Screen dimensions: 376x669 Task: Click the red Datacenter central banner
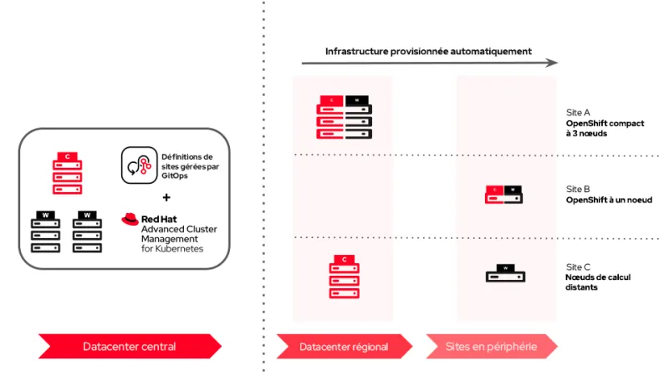(129, 346)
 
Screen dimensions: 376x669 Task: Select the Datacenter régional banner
(343, 346)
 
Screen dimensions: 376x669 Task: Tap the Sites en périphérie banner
(490, 346)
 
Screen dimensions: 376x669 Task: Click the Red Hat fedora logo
(130, 219)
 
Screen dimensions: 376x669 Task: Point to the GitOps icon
(140, 165)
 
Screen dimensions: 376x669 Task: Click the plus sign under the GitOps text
(166, 198)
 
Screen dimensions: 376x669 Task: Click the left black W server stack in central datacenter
(47, 231)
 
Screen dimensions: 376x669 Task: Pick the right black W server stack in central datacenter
(87, 231)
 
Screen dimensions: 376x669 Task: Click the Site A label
(579, 112)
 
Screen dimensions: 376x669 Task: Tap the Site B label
(579, 189)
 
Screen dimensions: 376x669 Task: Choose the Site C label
(579, 267)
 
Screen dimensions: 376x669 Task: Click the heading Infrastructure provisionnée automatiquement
(428, 51)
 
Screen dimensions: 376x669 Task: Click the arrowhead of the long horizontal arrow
(552, 63)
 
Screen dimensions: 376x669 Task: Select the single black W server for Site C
(505, 272)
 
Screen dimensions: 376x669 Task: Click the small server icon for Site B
(504, 195)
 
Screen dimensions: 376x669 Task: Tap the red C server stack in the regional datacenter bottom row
(344, 277)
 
